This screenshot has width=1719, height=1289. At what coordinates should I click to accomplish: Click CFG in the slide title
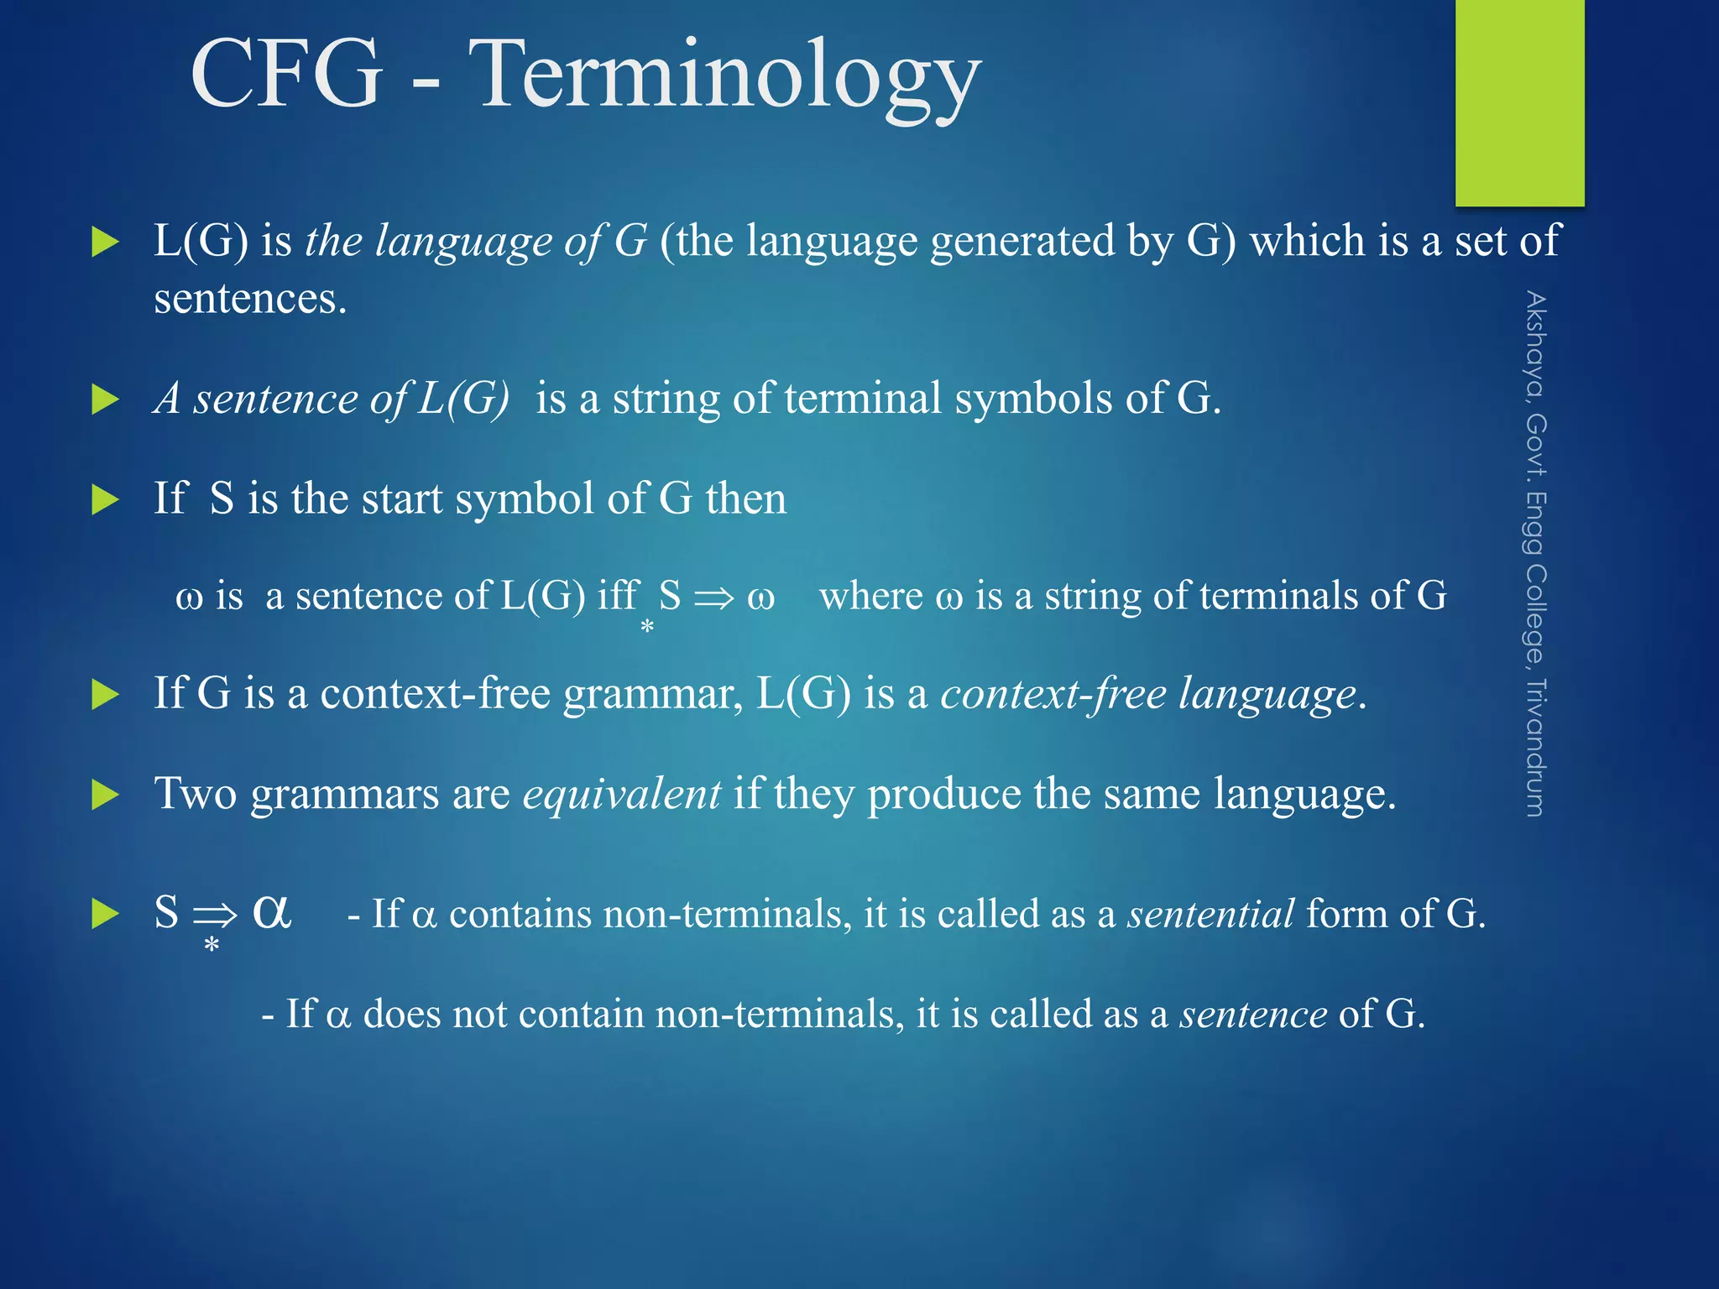pyautogui.click(x=287, y=76)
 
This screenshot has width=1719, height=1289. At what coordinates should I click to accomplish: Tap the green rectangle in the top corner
pyautogui.click(x=1519, y=101)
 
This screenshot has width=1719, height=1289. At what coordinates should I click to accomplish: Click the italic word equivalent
pyautogui.click(x=621, y=794)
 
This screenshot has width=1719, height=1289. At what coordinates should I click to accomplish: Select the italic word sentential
pyautogui.click(x=1210, y=914)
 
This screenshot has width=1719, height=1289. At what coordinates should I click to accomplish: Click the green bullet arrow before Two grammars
pyautogui.click(x=105, y=795)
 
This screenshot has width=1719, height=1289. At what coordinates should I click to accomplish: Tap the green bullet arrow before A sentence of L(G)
pyautogui.click(x=105, y=399)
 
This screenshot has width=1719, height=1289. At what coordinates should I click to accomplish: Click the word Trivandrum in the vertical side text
pyautogui.click(x=1535, y=747)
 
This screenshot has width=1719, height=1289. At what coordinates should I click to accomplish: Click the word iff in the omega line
pyautogui.click(x=618, y=596)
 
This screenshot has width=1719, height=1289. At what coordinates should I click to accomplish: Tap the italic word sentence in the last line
pyautogui.click(x=1253, y=1015)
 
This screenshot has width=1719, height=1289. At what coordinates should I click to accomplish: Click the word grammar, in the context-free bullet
pyautogui.click(x=653, y=695)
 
